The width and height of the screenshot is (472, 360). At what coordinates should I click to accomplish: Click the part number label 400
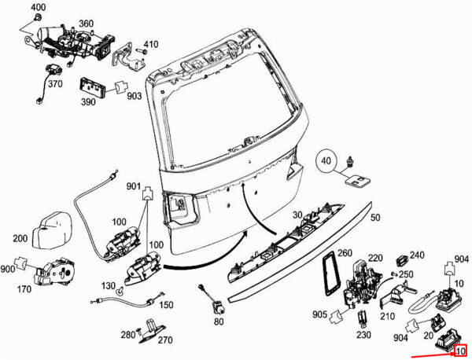click(38, 7)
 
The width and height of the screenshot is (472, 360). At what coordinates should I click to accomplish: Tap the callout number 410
click(151, 43)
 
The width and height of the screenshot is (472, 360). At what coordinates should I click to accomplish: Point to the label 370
click(54, 84)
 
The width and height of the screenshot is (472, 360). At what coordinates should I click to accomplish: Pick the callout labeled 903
click(134, 96)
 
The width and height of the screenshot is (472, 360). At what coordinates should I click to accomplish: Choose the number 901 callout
click(133, 186)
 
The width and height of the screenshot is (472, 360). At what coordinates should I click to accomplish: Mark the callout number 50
click(375, 217)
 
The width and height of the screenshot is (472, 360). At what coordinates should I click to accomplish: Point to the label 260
click(345, 253)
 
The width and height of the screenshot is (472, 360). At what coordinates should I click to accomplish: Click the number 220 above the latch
click(375, 258)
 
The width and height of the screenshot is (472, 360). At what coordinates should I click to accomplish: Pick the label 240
click(416, 255)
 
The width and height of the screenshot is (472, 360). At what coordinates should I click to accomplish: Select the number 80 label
click(218, 322)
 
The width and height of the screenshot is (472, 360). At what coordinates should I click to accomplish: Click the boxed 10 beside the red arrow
click(460, 351)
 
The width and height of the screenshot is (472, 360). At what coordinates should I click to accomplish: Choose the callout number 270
click(164, 340)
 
